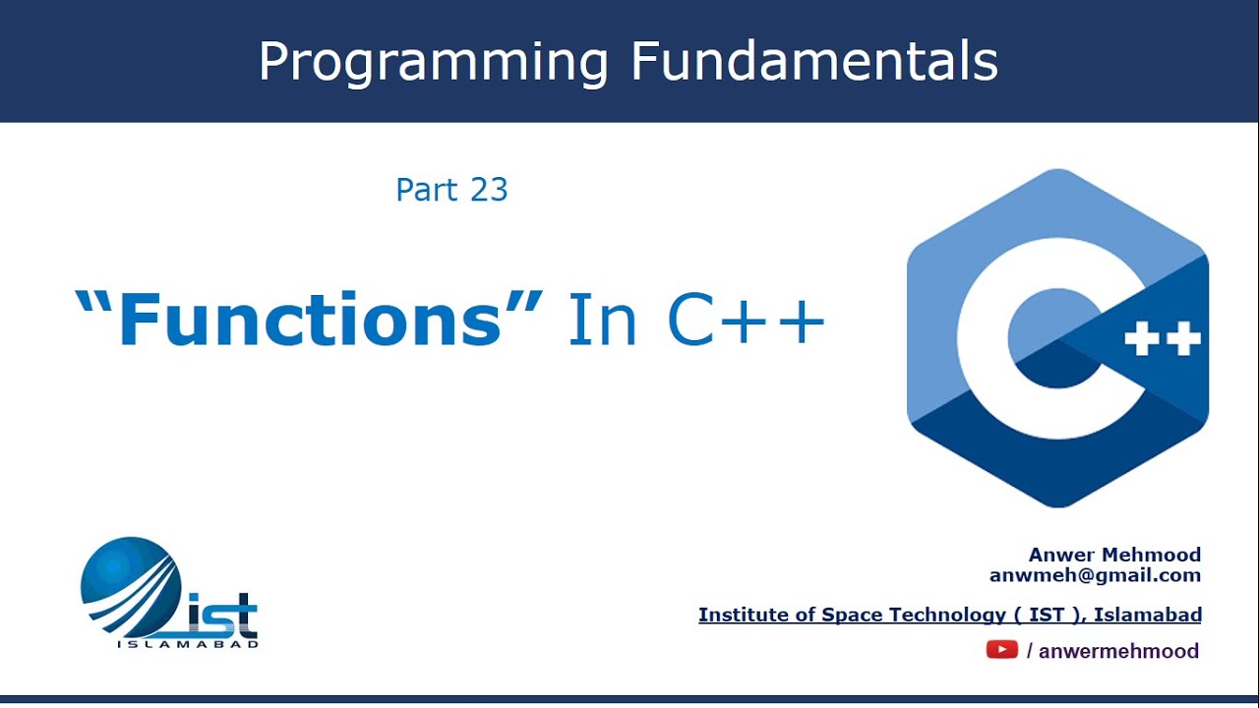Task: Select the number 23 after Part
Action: click(x=489, y=190)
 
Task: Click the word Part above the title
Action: click(x=427, y=190)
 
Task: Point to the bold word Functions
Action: click(x=309, y=319)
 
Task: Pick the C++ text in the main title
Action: click(x=747, y=319)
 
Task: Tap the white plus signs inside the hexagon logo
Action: click(x=1163, y=338)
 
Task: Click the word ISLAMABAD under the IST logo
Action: click(x=188, y=644)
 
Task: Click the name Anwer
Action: click(x=1060, y=555)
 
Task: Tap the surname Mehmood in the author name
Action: click(x=1151, y=555)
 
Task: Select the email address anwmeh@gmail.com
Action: click(x=1096, y=575)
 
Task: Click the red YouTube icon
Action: click(x=1002, y=650)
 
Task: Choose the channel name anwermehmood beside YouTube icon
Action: click(x=1119, y=651)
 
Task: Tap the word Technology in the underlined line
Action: click(x=949, y=615)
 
